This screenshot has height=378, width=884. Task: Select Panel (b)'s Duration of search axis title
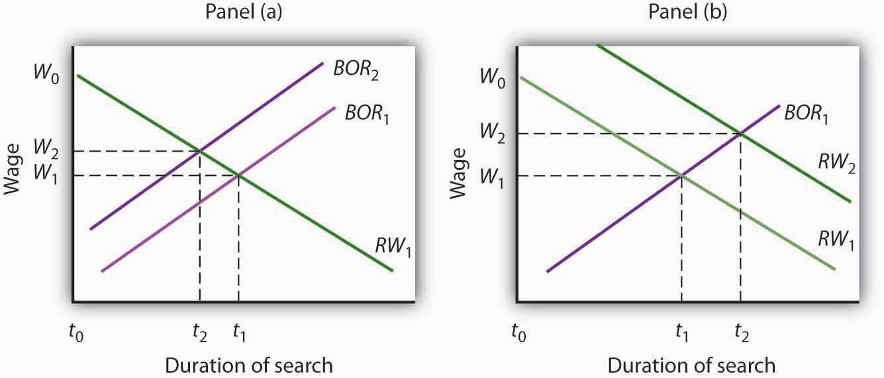(x=691, y=365)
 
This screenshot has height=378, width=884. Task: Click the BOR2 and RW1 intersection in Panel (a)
(x=200, y=152)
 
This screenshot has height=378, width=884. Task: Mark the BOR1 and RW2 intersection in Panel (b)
(x=740, y=134)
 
